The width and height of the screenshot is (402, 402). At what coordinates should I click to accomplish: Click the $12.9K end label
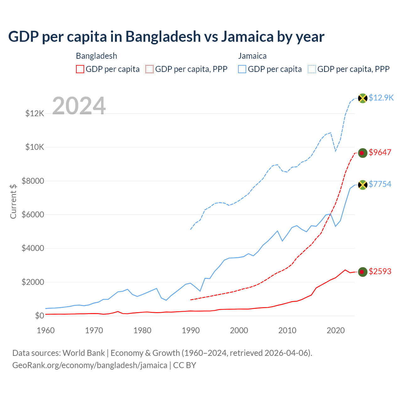point(381,98)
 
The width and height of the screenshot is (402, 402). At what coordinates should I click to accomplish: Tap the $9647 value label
point(380,152)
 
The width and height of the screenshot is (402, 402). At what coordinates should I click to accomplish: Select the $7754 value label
point(380,184)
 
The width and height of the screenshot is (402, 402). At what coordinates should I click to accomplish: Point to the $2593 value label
point(380,271)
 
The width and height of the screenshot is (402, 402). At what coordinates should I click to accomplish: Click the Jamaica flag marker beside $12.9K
point(363,98)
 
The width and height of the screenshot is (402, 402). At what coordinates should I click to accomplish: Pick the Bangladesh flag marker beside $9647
point(363,153)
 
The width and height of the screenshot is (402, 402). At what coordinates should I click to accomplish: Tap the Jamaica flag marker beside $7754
point(363,185)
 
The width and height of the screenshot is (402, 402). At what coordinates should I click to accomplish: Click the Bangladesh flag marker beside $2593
point(363,272)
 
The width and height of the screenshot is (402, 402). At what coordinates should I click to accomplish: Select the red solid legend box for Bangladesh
point(80,69)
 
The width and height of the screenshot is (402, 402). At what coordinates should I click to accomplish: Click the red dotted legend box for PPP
point(149,69)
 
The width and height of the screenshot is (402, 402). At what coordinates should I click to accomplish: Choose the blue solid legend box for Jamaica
point(242,69)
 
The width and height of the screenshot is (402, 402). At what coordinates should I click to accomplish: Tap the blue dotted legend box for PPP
point(312,69)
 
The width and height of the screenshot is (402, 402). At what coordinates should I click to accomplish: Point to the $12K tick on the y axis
point(35,113)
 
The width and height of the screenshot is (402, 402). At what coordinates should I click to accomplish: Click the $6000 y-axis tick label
point(33,215)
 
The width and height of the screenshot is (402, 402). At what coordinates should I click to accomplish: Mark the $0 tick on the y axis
point(40,316)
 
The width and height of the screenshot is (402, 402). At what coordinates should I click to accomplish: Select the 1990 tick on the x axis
point(191,330)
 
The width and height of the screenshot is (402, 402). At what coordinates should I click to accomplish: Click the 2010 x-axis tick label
point(287,330)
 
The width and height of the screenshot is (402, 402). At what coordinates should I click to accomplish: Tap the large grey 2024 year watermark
point(79,106)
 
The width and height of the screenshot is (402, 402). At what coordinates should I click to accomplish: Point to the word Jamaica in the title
point(247,37)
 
